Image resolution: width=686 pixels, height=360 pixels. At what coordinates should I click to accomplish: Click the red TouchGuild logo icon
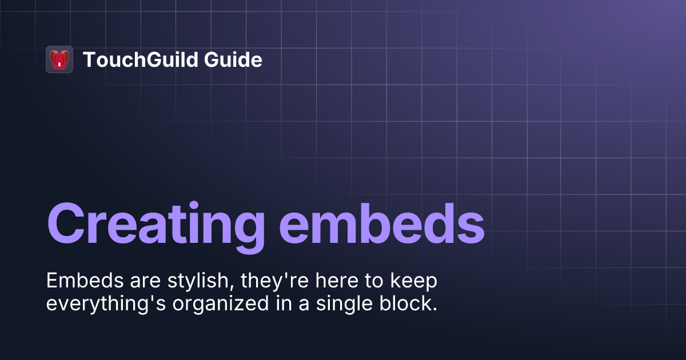(x=59, y=59)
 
